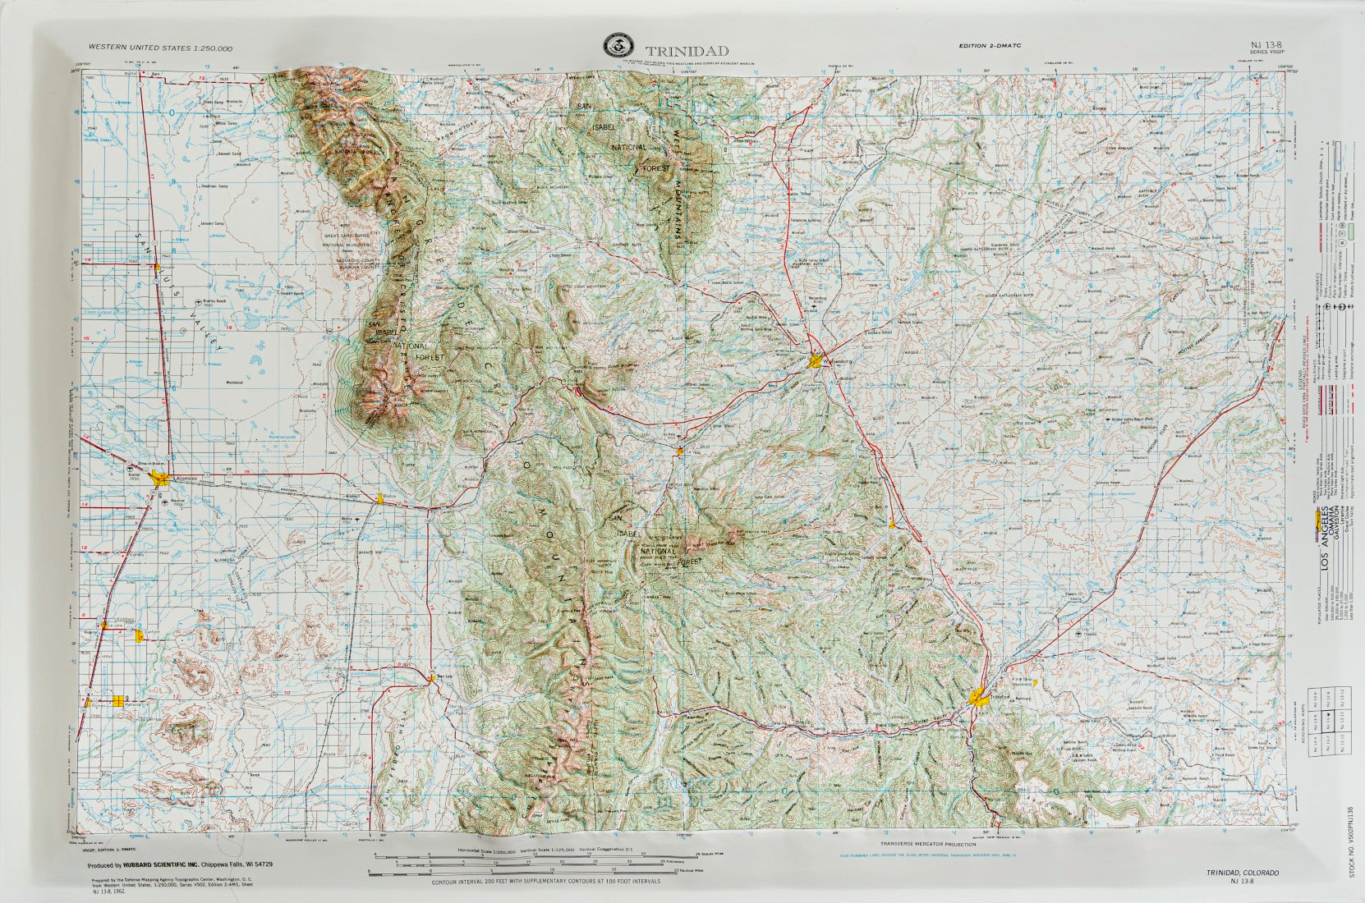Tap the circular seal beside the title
tap(613, 46)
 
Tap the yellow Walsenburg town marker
tap(815, 360)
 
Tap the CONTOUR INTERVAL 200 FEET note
tap(545, 882)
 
